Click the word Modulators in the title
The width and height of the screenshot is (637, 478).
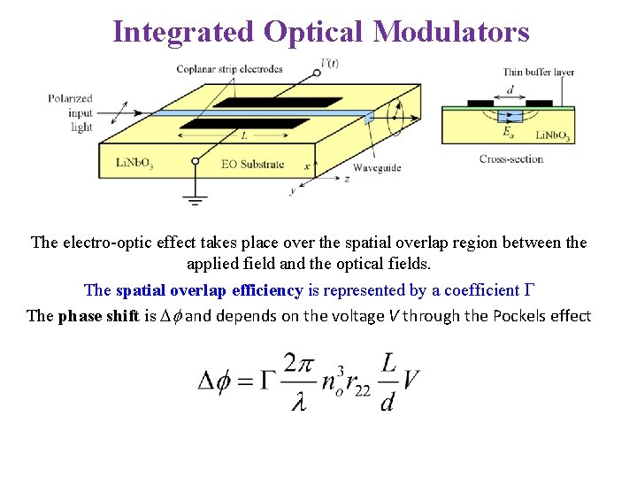(x=451, y=32)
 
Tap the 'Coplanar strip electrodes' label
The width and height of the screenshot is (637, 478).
(x=229, y=69)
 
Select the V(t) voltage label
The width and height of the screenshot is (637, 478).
(x=329, y=63)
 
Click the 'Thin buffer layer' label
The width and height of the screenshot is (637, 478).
(x=537, y=73)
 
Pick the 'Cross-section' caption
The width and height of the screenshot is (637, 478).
(x=510, y=159)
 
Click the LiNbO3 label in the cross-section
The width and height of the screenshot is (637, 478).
(x=554, y=136)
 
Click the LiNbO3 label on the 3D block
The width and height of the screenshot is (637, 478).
(x=134, y=163)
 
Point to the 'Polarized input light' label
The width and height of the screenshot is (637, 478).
(x=70, y=113)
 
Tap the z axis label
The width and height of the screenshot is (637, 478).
(x=346, y=178)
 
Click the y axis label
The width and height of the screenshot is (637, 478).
(x=293, y=190)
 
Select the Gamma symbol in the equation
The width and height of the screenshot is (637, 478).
(x=269, y=381)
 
